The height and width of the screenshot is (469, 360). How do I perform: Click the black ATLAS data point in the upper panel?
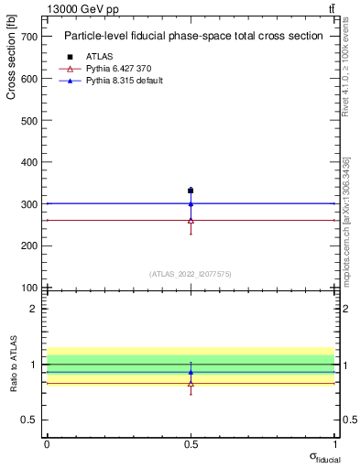coord(191,191)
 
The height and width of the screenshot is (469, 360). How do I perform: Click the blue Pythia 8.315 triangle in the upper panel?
coord(191,203)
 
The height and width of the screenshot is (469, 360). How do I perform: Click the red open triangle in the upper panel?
coord(191,220)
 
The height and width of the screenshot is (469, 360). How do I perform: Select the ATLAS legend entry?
coord(98,56)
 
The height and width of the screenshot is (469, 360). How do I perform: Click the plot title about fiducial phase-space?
coord(193,37)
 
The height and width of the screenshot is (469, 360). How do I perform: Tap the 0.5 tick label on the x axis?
coord(191,444)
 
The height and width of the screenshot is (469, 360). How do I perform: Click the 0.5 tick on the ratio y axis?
coord(30,420)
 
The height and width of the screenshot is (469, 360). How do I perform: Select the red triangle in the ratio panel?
coord(191,384)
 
